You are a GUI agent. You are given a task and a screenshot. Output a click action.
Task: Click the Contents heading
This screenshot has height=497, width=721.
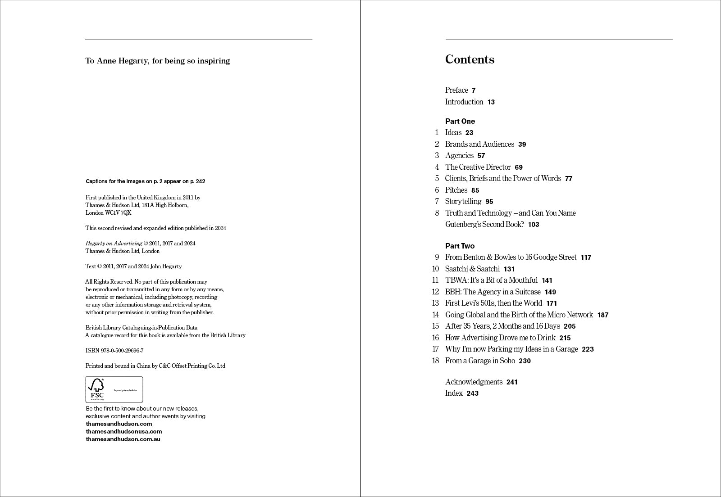(x=470, y=59)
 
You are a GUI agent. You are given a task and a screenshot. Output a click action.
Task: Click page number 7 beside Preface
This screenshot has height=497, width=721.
(x=474, y=90)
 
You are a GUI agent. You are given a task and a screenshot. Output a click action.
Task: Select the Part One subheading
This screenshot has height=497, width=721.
(x=460, y=121)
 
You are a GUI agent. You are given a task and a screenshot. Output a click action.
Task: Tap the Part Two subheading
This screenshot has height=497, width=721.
(x=460, y=246)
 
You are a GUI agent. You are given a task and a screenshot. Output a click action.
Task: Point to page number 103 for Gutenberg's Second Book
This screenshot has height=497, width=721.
(x=534, y=225)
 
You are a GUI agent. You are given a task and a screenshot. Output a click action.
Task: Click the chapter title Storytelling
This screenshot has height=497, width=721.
(x=463, y=201)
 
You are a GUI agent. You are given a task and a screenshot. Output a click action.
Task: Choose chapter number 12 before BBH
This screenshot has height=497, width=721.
(x=435, y=292)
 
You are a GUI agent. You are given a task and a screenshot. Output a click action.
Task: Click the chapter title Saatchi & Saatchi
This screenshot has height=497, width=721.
(x=472, y=269)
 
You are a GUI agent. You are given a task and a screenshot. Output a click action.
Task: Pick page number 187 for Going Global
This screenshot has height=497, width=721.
(x=602, y=315)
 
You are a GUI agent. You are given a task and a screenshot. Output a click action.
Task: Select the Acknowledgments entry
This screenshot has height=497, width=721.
(x=474, y=382)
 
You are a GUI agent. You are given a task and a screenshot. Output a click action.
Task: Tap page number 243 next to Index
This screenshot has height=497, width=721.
(x=472, y=393)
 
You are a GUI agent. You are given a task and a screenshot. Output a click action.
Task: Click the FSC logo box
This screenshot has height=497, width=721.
(x=114, y=389)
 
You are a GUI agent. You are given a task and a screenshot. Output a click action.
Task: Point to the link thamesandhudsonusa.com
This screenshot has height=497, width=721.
(x=124, y=431)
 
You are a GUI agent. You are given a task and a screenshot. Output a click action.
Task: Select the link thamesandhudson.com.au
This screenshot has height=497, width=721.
(x=123, y=439)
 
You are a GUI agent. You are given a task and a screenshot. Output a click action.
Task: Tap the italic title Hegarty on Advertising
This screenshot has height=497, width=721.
(x=114, y=243)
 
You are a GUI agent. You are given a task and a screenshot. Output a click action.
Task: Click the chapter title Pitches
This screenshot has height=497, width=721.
(x=456, y=190)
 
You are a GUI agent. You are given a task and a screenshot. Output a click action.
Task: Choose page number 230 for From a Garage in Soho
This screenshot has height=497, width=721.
(x=525, y=361)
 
